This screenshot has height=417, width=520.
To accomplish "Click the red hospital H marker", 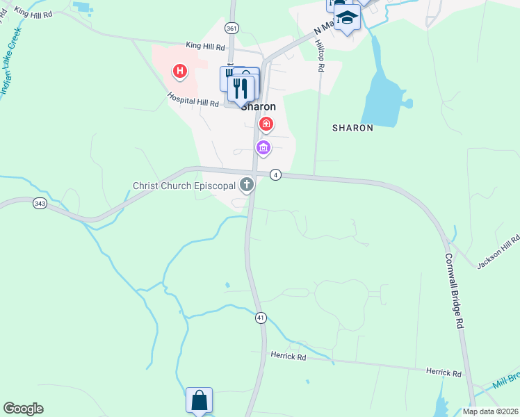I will point(180,71).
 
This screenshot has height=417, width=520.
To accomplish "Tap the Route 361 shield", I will point(231,28).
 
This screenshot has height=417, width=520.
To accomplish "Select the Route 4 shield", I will point(276,174).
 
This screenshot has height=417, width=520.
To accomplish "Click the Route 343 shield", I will point(39,204).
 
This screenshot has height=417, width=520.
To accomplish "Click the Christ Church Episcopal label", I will point(185,186).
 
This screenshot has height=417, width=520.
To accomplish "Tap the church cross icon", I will point(246,185).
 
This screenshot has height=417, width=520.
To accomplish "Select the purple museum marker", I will point(263,147).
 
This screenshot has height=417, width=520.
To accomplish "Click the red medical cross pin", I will point(266,124).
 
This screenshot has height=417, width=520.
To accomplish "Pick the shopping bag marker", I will point(199,400).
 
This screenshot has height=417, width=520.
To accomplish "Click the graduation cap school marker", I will point(347,17).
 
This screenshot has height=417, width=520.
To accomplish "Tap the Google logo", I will point(23,409).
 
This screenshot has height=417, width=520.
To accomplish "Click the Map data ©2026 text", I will point(489,411).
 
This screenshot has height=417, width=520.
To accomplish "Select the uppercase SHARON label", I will point(352,128).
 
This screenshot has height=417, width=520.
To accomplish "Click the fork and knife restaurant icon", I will point(241,87).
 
